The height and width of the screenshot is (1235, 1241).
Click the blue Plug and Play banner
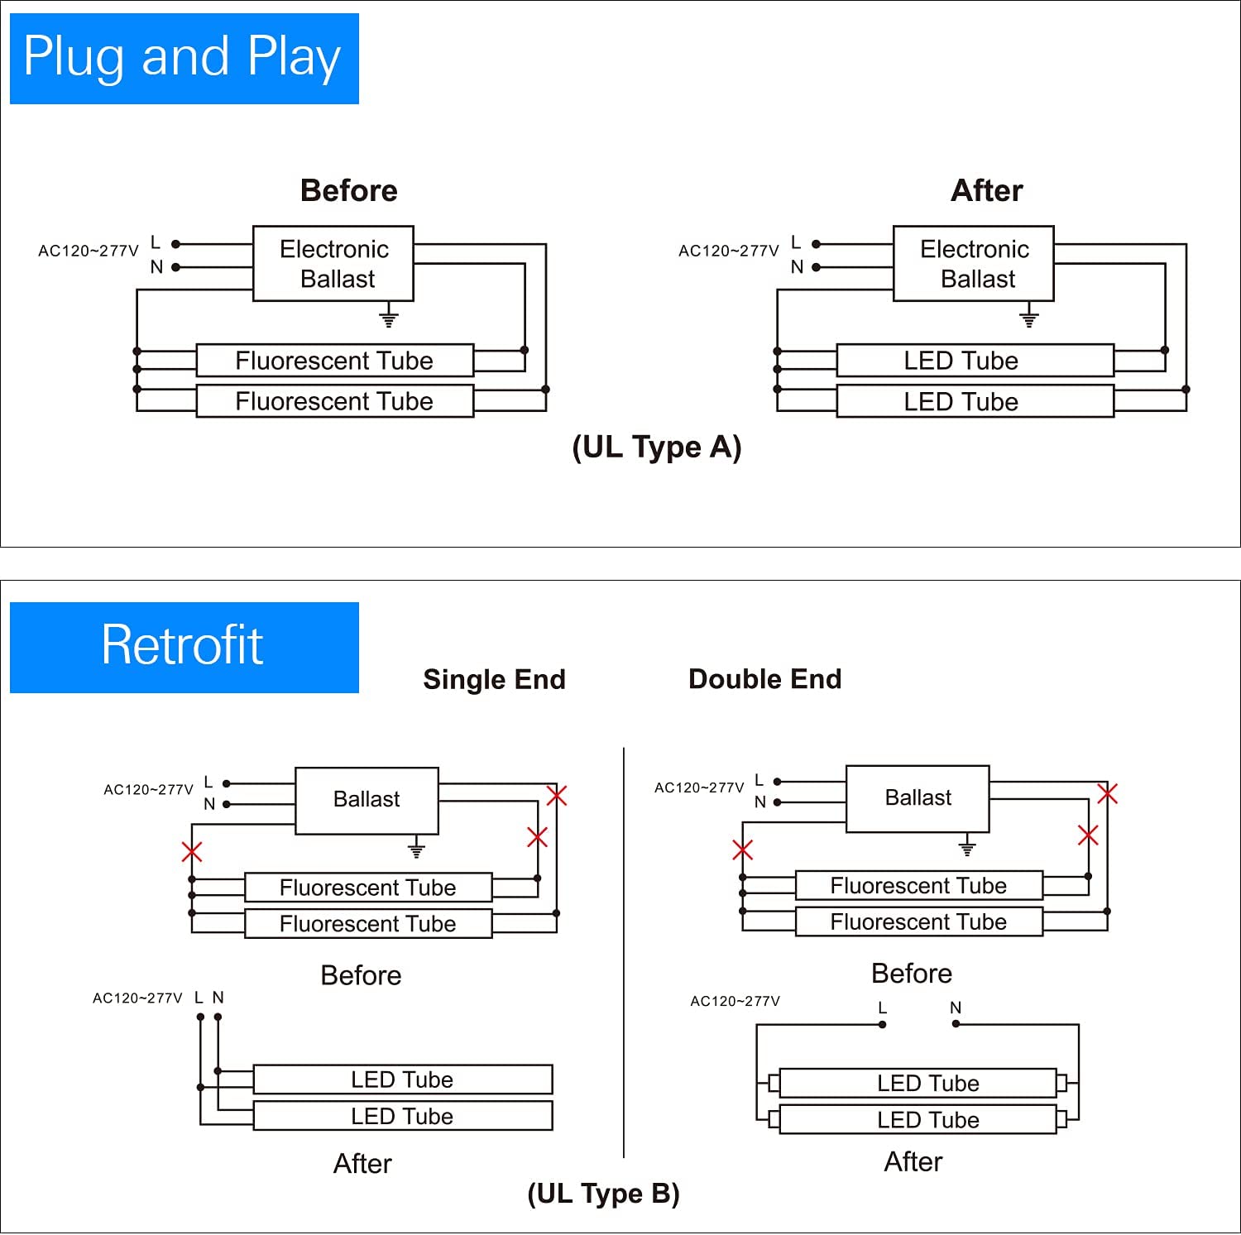pos(184,59)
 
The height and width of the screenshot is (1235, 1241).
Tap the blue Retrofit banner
pos(184,647)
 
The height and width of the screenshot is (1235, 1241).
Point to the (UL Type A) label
pos(657,448)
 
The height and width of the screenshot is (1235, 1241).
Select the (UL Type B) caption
pos(603,1194)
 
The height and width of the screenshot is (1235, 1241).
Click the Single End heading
pos(494,680)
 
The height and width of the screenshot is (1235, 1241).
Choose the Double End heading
pos(764,679)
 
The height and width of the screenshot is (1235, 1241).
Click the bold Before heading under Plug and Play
pos(348,191)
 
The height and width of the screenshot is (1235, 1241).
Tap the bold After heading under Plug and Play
pos(986,191)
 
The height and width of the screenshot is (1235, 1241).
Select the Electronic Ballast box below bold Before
pos(333,263)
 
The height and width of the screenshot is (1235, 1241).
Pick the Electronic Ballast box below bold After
pos(974,263)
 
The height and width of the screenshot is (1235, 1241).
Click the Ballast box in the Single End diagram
pos(367,800)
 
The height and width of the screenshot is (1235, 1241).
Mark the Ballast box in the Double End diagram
pos(918,798)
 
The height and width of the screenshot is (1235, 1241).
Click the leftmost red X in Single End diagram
pos(192,851)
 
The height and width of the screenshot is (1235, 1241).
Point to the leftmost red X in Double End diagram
pos(743,850)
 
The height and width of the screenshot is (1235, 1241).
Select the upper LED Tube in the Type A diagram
pos(975,361)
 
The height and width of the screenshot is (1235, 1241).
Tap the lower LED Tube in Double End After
pos(918,1120)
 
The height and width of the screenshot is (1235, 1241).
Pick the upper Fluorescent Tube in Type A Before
pos(334,361)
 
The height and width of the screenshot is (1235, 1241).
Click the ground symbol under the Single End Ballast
pos(417,849)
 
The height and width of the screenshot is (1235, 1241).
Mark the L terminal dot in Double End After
pos(883,1025)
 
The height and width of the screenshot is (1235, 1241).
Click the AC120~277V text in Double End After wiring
pos(735,1002)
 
